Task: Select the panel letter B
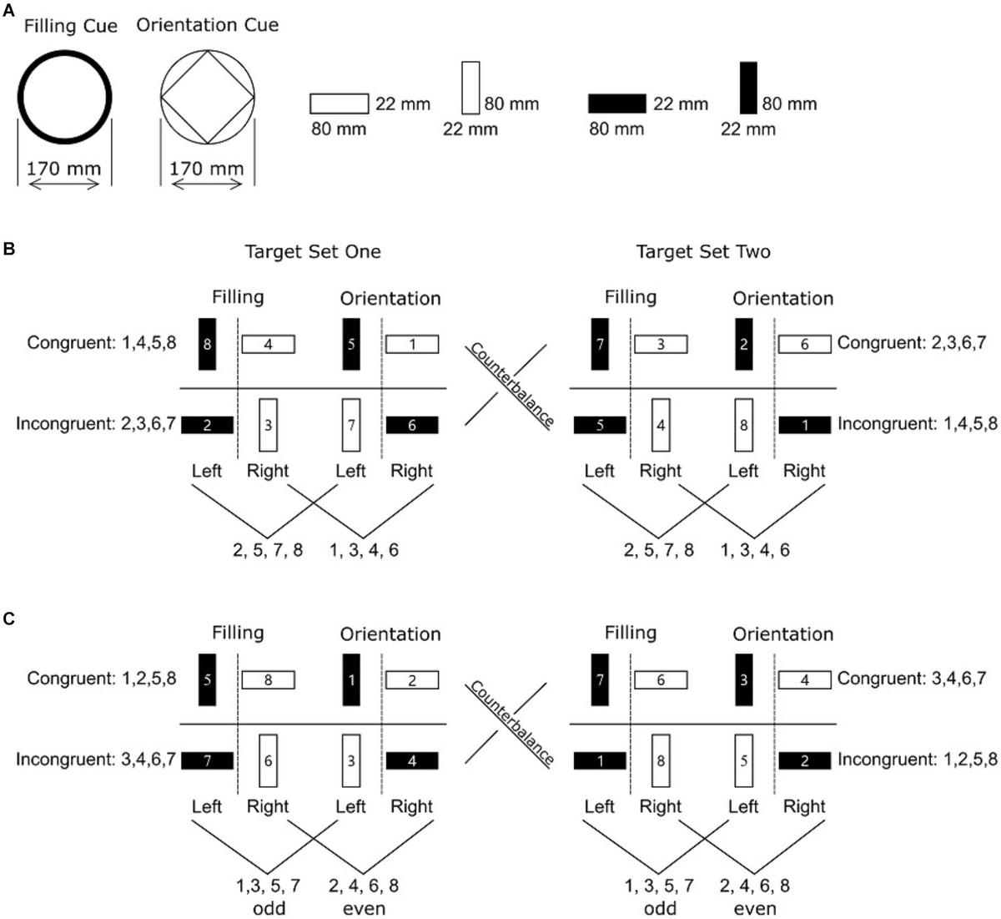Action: coord(8,249)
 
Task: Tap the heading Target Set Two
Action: coord(702,251)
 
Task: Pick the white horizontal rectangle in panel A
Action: coord(339,104)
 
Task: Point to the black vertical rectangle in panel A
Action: coord(748,88)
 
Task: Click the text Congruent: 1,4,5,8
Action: coord(102,342)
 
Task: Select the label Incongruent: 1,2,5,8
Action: coord(918,760)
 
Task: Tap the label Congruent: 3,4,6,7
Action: coord(912,679)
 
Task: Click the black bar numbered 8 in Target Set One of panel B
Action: coord(207,343)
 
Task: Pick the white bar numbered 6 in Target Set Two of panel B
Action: coord(804,344)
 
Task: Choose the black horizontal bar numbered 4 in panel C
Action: coord(412,760)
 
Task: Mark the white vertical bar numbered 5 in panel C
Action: coord(744,760)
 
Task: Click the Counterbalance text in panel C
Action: coord(511,723)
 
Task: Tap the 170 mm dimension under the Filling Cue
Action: coord(63,169)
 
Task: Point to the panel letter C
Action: coord(8,619)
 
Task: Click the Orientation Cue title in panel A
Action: coord(207,25)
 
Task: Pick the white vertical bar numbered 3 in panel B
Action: coord(268,425)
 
